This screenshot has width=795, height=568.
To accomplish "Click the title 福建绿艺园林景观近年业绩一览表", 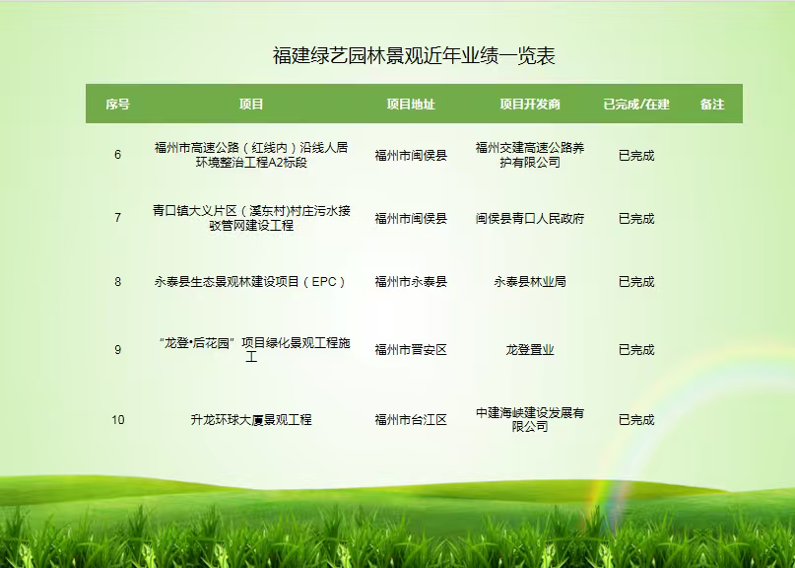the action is [414, 56].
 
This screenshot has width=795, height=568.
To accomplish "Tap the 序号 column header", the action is [117, 105].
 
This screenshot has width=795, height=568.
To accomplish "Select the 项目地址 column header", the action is [411, 105].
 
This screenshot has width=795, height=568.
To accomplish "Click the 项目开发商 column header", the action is [530, 105].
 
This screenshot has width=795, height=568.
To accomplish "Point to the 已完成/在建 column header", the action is [636, 105].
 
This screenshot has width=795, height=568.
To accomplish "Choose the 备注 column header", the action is [712, 105].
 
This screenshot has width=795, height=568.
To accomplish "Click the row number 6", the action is [117, 155].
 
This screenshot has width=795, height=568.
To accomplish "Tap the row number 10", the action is [117, 420].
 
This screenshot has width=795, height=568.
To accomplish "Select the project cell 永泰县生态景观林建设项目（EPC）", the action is [251, 282].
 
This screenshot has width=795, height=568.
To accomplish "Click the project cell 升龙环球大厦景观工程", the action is [251, 420].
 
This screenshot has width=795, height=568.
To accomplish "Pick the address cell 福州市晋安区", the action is [411, 350].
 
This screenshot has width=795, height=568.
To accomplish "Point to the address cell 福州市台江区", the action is [411, 420].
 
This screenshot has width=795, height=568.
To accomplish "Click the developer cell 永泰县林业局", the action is [530, 282].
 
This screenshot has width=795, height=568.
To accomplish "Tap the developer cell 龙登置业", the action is [530, 350].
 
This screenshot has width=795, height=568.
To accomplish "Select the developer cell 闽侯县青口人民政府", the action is [530, 219].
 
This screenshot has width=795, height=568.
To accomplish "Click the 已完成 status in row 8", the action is [636, 282].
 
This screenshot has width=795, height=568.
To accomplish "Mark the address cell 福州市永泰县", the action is [411, 282].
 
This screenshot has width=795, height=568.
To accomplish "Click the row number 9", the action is [117, 350].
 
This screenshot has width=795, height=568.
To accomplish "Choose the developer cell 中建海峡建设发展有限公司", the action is [530, 420].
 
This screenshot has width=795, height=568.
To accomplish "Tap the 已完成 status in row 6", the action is [636, 156].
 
